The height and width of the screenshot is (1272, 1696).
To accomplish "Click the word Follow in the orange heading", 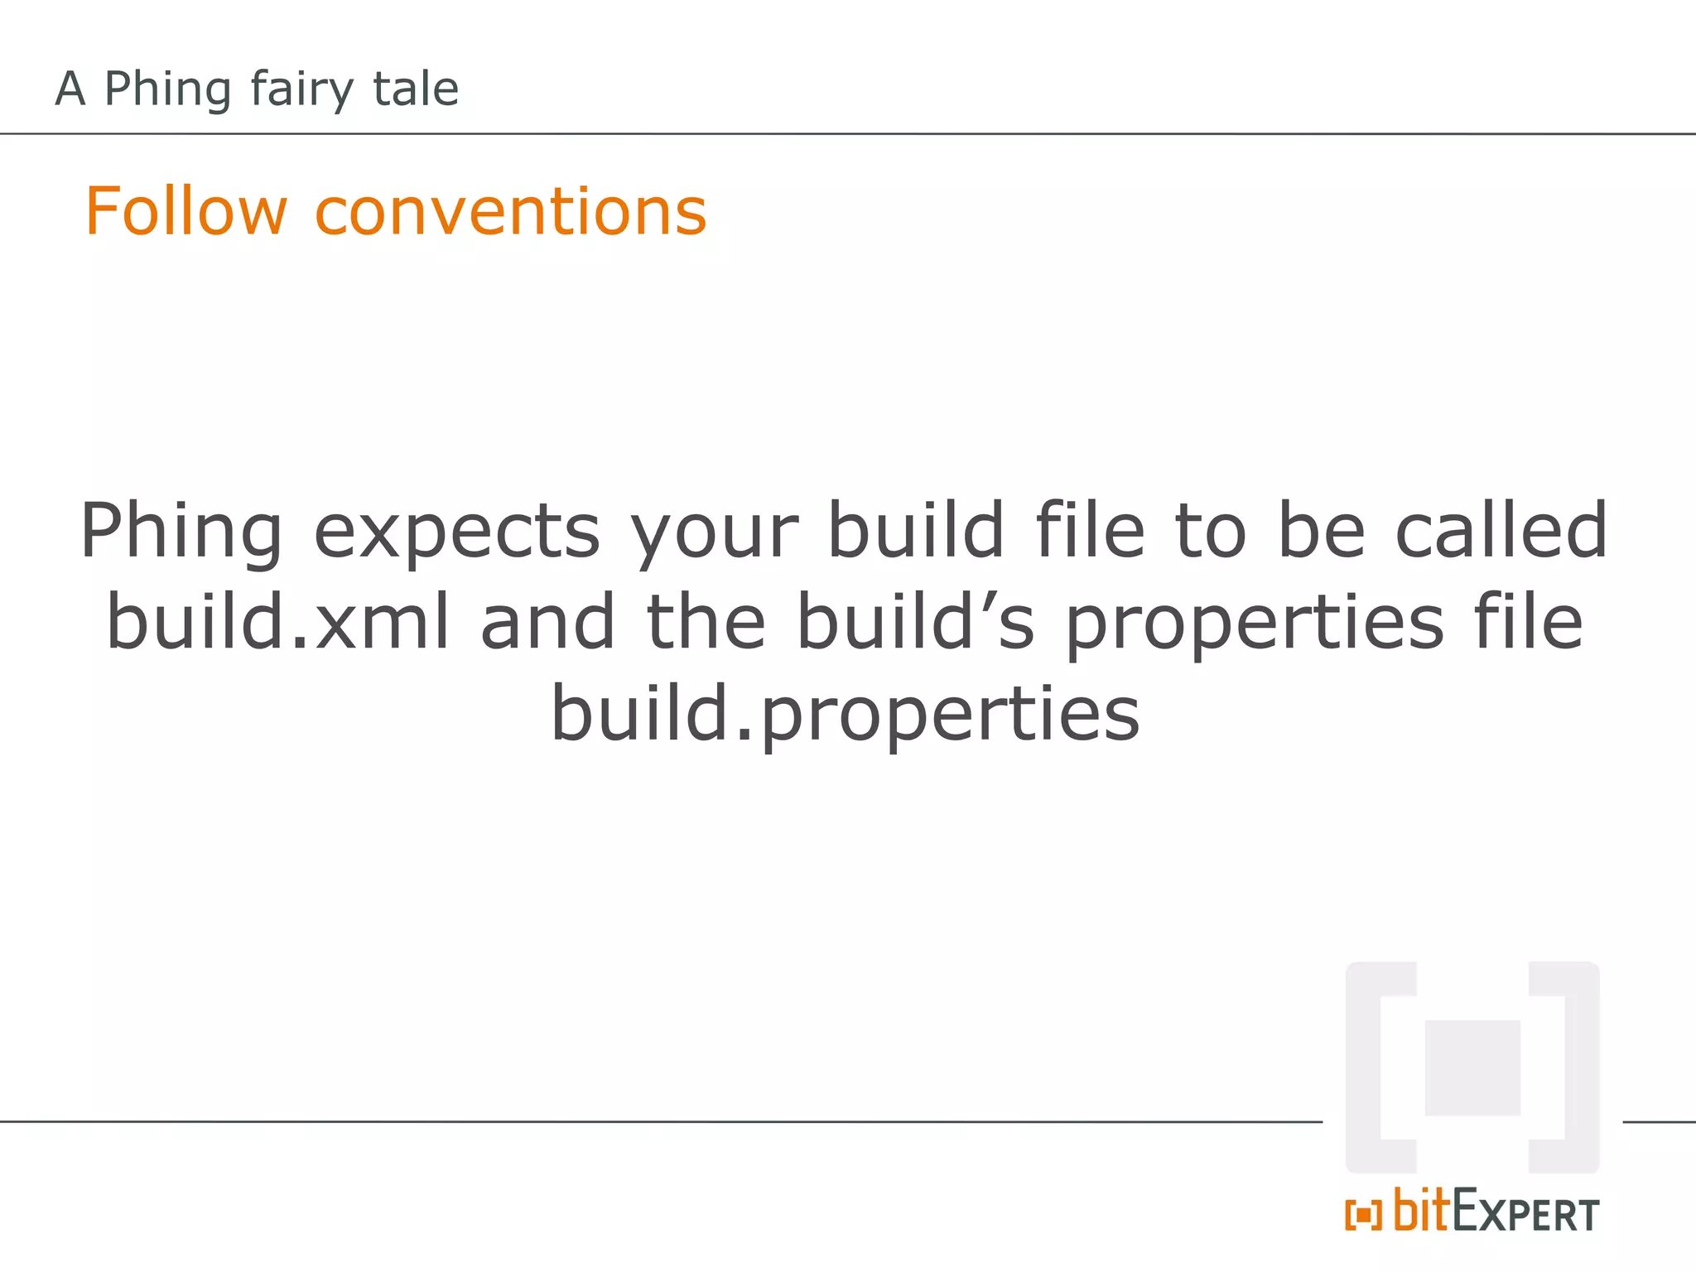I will [185, 211].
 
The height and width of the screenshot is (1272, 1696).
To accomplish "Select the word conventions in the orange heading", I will [511, 211].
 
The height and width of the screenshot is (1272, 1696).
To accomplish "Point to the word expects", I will [456, 532].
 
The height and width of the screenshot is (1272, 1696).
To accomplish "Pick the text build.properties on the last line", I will [846, 713].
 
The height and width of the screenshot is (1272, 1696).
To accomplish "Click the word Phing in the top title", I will [167, 89].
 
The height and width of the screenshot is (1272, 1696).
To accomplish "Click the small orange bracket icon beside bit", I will [1363, 1215].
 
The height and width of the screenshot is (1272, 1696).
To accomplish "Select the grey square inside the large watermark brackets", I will [1472, 1067].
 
